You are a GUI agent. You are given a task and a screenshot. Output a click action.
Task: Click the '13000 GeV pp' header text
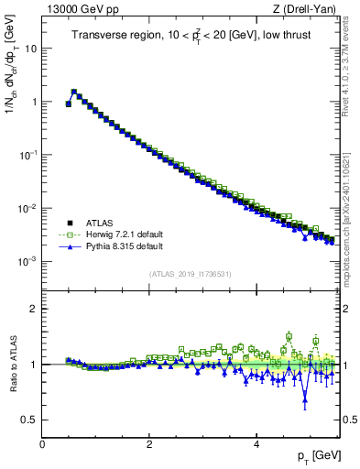tap(77, 8)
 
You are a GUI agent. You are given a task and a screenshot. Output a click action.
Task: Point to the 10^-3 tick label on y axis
tap(28, 261)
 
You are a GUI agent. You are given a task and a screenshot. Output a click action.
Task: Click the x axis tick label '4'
tap(256, 444)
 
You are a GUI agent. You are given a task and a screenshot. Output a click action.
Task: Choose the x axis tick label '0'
tap(42, 444)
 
